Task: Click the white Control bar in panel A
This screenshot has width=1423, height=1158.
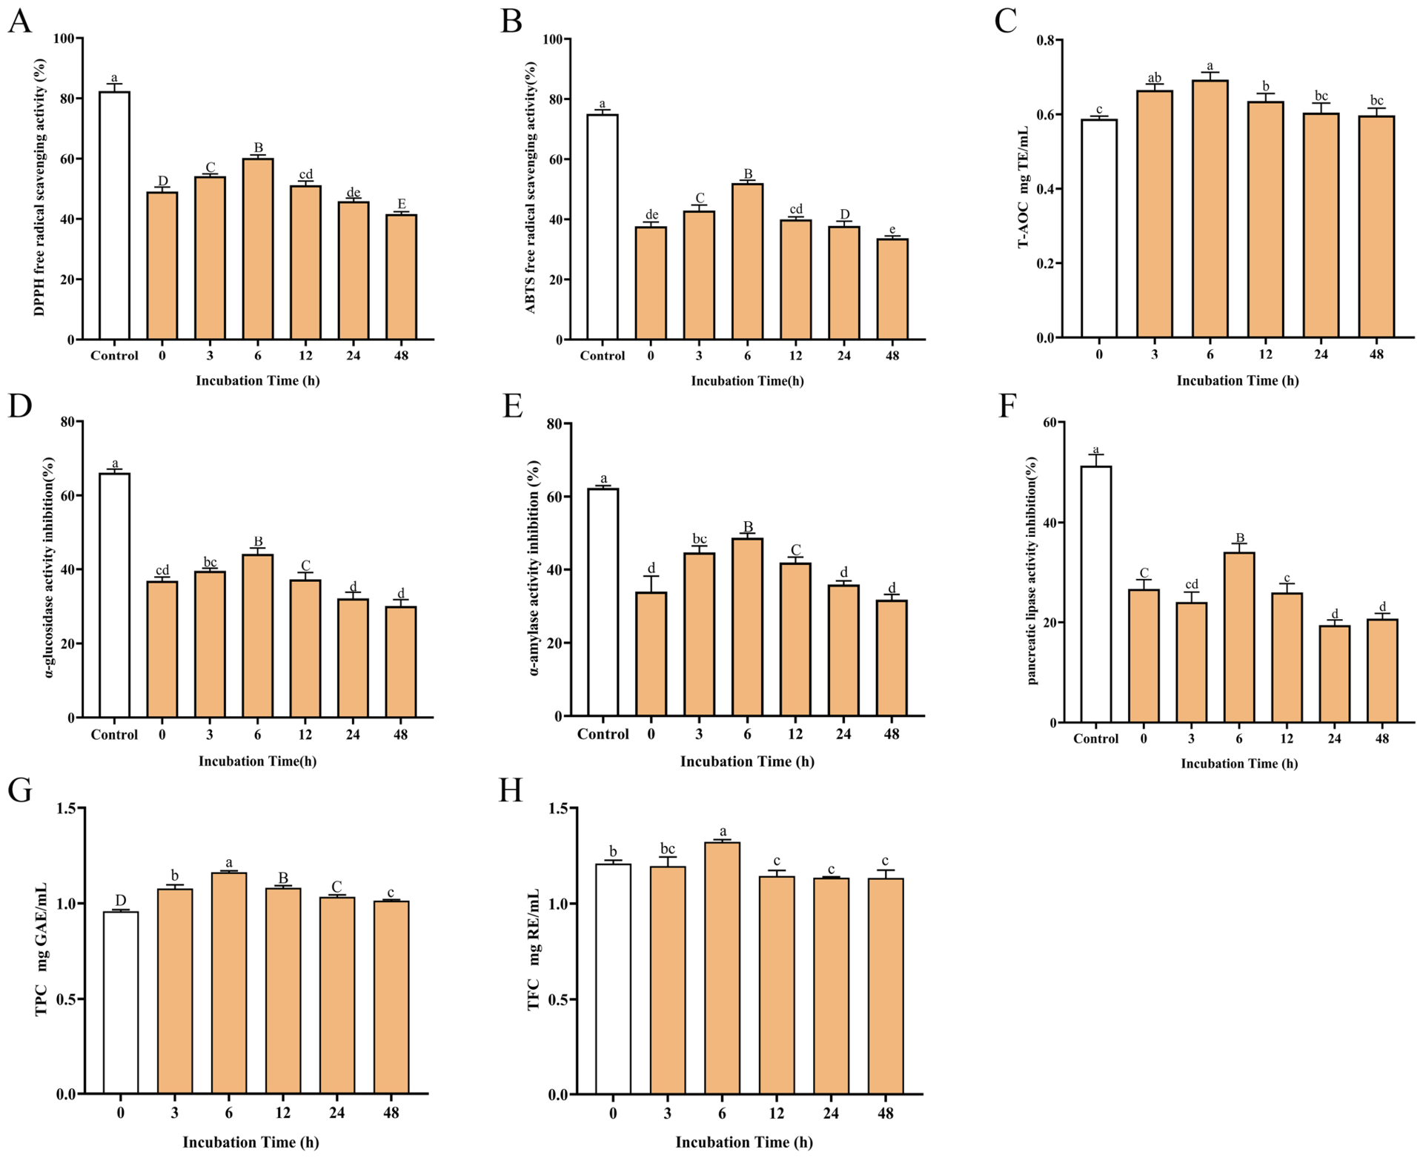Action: click(114, 216)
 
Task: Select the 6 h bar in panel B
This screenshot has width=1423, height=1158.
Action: click(747, 262)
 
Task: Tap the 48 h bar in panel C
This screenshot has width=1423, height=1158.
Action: click(1376, 227)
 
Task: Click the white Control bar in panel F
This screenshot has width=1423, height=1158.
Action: click(1095, 595)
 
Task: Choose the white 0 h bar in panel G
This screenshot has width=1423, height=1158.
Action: click(120, 1002)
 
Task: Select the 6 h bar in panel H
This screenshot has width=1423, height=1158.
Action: click(722, 968)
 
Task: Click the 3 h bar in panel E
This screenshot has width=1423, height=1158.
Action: click(699, 635)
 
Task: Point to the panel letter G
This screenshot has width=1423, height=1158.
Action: click(20, 790)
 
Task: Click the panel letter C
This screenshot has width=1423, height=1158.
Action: click(1006, 21)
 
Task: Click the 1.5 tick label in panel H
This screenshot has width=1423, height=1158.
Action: click(559, 808)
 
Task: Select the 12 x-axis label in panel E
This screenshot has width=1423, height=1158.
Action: click(795, 734)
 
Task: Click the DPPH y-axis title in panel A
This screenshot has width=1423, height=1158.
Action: click(39, 189)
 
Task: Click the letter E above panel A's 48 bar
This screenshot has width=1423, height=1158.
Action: click(402, 204)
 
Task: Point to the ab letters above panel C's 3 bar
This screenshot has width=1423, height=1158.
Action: click(1155, 79)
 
